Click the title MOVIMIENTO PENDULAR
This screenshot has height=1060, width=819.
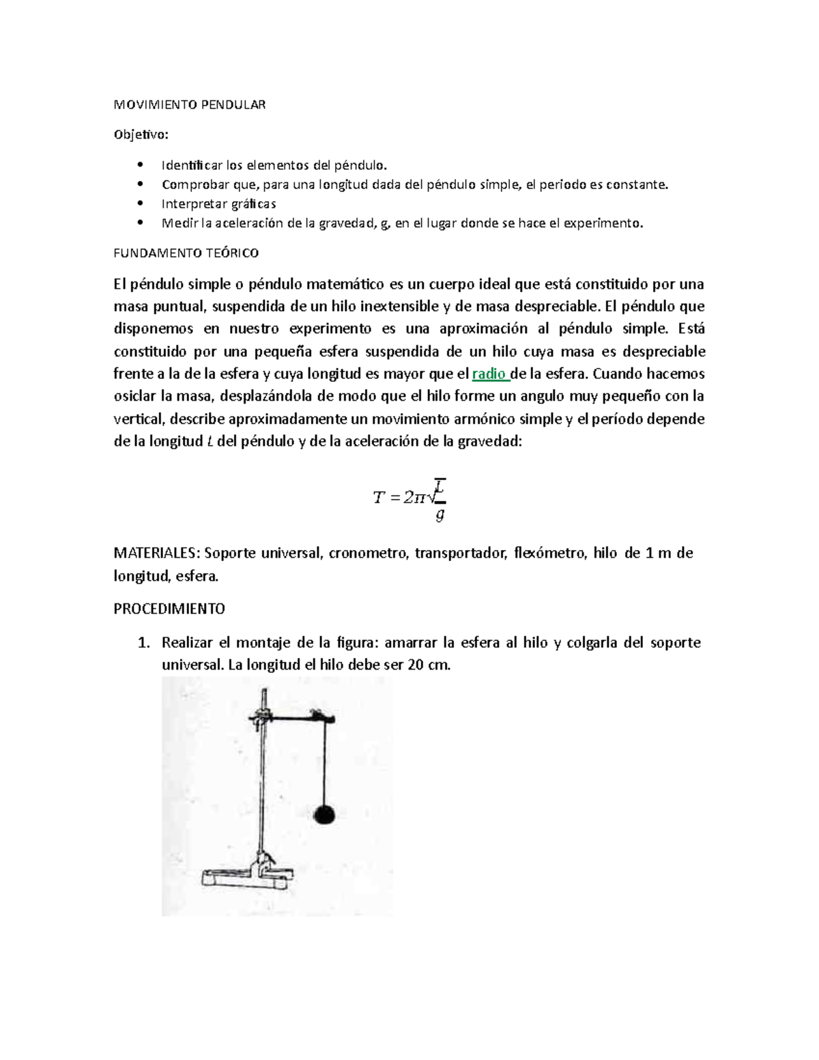point(189,104)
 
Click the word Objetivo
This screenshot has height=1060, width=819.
point(139,134)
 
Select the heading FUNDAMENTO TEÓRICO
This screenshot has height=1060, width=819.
point(186,253)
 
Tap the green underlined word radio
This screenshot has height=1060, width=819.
point(489,374)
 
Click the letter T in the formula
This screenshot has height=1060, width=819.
point(379,498)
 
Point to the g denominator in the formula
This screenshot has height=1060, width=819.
point(440,515)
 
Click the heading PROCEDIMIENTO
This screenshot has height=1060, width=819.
point(169,608)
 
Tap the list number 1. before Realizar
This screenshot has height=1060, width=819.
point(143,643)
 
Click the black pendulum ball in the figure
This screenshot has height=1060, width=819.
point(325,813)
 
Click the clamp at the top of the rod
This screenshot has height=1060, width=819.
point(259,716)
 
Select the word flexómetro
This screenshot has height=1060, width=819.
point(549,553)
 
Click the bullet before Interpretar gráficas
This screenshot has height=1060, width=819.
point(141,203)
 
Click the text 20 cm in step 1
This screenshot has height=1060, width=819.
point(429,665)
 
